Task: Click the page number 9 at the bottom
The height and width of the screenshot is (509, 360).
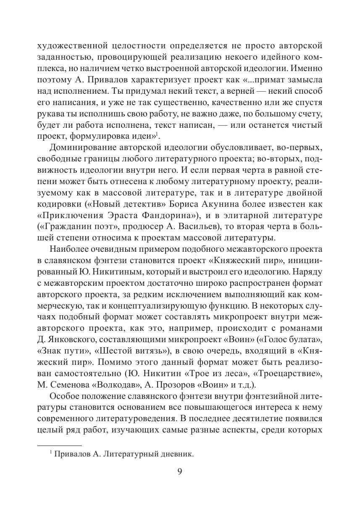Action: click(180, 471)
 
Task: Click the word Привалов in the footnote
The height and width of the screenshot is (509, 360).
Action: click(72, 454)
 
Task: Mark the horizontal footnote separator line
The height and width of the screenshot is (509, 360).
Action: click(59, 445)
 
